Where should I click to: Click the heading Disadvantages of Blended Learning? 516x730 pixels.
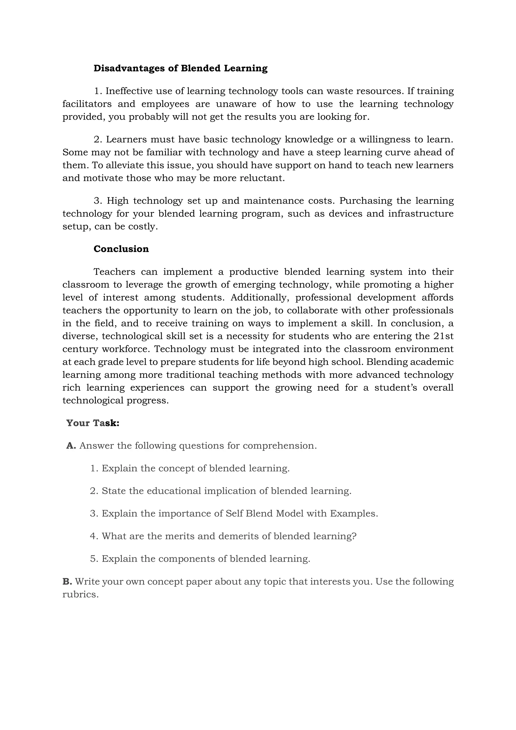[x=180, y=68]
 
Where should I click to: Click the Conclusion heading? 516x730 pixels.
[x=121, y=249]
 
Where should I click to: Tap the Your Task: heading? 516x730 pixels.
[x=92, y=423]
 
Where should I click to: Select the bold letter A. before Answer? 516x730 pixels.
[x=71, y=446]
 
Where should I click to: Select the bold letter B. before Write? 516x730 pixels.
[x=67, y=582]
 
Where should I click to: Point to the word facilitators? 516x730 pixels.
[x=87, y=104]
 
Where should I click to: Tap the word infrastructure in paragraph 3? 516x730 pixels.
[x=421, y=214]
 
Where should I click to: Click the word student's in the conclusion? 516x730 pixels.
[x=396, y=388]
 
